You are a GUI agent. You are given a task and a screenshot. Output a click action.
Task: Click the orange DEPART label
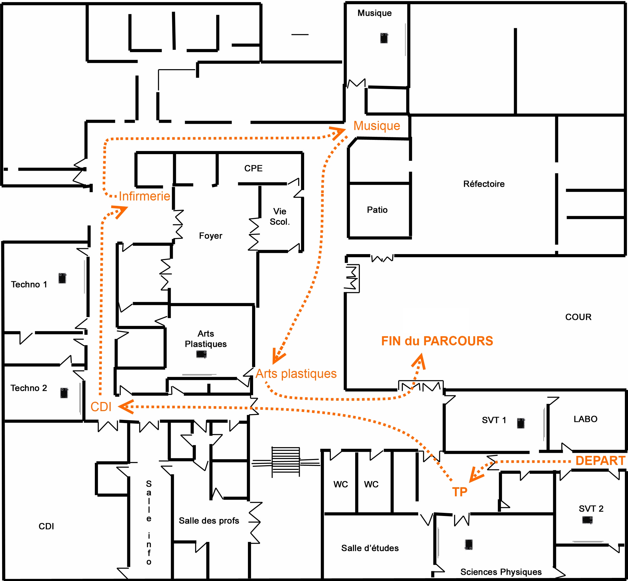point(600,461)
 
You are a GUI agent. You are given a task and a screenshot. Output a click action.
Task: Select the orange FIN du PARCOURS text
point(437,341)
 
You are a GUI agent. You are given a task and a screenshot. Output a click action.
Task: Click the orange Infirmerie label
point(144,196)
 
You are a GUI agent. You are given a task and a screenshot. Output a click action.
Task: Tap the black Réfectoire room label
point(484,184)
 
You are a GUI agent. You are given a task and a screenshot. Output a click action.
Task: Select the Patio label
point(377,210)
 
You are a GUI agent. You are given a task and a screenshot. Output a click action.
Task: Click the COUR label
point(578,317)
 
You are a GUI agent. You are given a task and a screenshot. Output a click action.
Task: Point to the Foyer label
point(210,236)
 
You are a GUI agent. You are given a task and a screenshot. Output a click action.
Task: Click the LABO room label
point(586,419)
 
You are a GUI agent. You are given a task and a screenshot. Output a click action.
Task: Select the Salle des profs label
point(209,521)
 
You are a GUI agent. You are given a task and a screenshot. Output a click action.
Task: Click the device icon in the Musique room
point(384,38)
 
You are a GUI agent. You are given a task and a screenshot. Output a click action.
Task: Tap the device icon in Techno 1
point(62,278)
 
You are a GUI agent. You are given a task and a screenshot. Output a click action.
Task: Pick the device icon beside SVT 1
point(521,423)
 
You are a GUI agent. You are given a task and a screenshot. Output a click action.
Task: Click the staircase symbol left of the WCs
point(286,462)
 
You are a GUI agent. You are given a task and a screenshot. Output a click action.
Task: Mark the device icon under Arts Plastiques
point(202,354)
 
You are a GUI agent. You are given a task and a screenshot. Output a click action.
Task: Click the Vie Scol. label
point(280,217)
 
